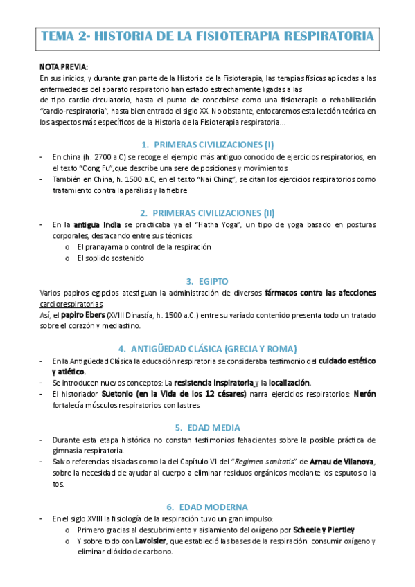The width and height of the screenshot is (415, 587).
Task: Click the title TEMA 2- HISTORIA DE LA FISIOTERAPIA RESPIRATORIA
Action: [x=207, y=35]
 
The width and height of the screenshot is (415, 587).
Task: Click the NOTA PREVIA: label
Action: [x=64, y=68]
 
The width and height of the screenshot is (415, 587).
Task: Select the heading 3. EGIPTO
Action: [x=207, y=281]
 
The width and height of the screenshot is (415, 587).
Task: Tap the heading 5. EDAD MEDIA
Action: [x=207, y=427]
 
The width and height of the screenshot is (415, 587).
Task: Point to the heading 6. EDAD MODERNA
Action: [x=207, y=507]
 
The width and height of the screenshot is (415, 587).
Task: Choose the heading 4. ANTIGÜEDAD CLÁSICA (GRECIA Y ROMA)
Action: [x=207, y=348]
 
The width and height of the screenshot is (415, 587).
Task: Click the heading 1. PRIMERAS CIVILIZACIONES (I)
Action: [x=207, y=145]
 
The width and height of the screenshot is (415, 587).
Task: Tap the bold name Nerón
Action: [x=364, y=395]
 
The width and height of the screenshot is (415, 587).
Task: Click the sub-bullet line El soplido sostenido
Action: [x=110, y=259]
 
